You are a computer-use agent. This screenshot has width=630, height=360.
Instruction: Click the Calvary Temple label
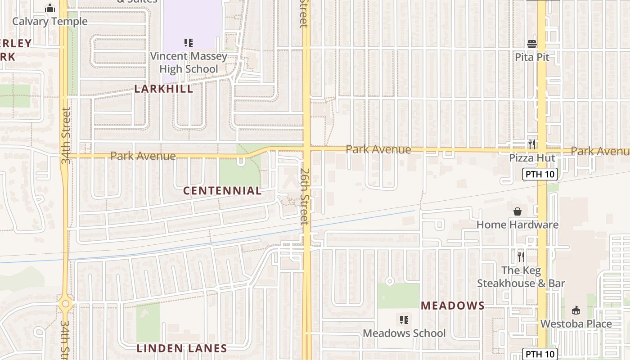[x=49, y=21]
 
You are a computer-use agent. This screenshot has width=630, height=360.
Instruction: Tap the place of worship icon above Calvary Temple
[x=50, y=8]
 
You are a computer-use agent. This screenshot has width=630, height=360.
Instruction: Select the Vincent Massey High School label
[x=189, y=63]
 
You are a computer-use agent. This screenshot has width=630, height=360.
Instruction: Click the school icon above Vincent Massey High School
[x=189, y=43]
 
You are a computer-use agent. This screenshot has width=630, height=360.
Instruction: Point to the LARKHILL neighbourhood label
[x=164, y=89]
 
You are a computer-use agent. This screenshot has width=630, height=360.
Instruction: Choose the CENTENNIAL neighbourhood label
[x=222, y=191]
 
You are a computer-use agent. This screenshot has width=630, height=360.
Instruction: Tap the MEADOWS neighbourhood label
[x=452, y=306]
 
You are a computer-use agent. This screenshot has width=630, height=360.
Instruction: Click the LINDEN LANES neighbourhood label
[x=182, y=348]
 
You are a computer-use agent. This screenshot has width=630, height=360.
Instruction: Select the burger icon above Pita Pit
[x=532, y=44]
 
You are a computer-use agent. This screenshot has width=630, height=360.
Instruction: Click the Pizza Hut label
[x=532, y=158]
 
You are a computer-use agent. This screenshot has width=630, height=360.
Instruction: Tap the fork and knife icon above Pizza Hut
[x=532, y=144]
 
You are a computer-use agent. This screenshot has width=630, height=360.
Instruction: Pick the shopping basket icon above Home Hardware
[x=517, y=211]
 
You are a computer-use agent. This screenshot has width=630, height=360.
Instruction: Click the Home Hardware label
[x=517, y=225]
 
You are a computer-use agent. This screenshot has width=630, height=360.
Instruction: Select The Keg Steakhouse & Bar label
[x=521, y=277]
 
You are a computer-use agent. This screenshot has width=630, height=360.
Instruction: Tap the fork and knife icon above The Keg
[x=521, y=257]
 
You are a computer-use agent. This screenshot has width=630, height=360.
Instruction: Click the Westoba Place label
[x=576, y=324]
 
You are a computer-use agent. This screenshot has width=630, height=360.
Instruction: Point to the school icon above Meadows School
[x=404, y=320]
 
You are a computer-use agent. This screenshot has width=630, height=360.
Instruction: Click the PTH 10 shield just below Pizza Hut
[x=540, y=174]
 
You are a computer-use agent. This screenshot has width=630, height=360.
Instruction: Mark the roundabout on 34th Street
[x=66, y=304]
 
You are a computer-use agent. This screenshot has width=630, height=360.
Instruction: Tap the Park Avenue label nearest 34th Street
[x=143, y=156]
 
